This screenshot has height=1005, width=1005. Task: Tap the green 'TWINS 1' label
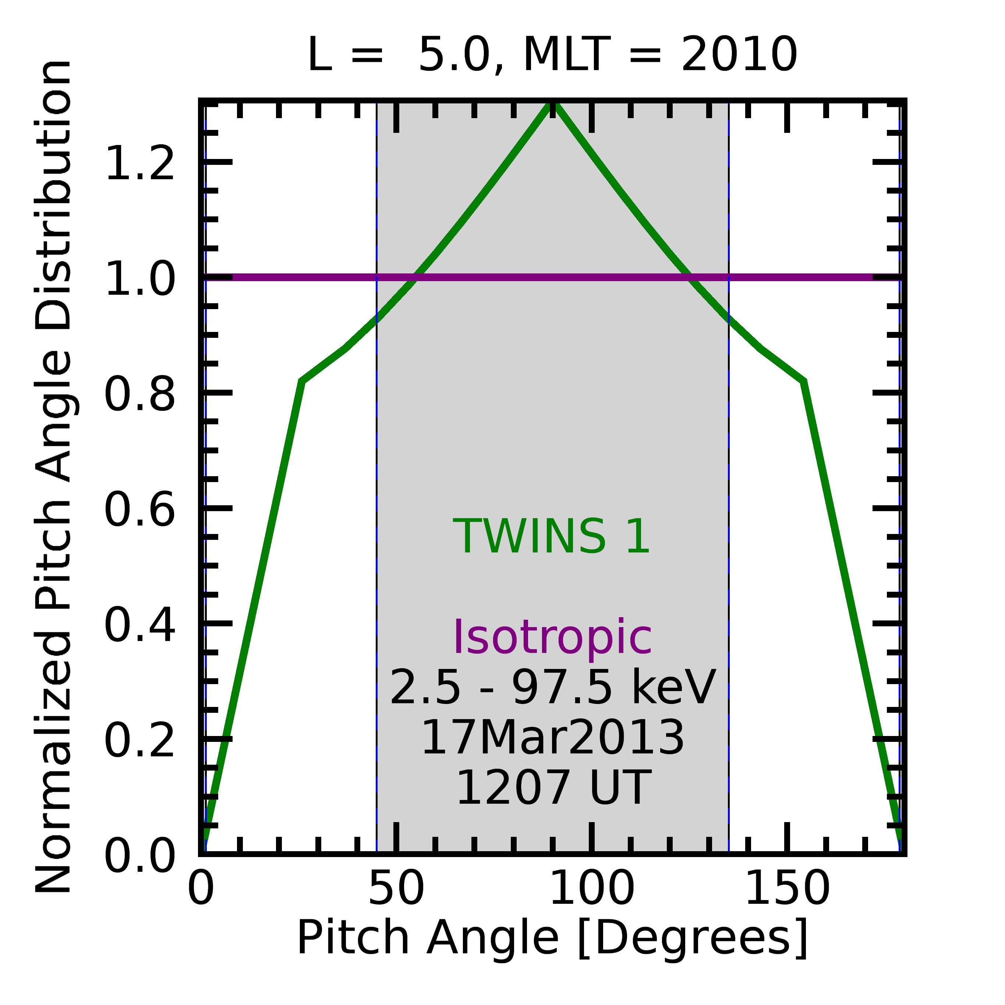[552, 537]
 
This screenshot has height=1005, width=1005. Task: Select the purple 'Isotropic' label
[552, 638]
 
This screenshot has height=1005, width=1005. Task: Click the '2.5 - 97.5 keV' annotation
[552, 688]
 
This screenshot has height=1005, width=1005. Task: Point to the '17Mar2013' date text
[552, 737]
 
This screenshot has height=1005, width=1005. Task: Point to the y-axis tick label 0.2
[139, 741]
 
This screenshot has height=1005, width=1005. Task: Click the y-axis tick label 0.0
[139, 857]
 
